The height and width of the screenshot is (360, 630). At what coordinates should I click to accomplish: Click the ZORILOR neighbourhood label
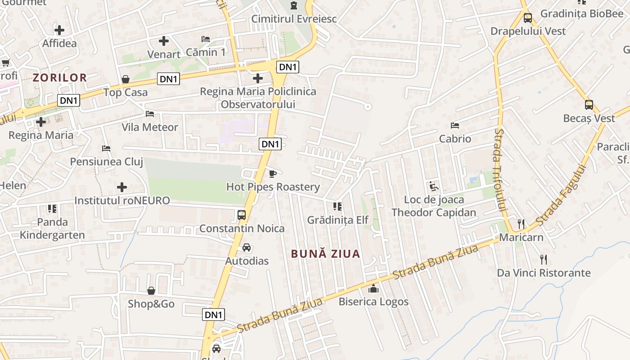click(x=60, y=77)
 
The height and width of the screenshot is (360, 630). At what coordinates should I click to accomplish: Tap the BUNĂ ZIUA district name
click(x=325, y=254)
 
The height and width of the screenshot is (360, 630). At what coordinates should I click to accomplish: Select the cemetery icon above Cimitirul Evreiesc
click(x=294, y=5)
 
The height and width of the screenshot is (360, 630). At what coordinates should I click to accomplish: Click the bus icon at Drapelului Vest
click(x=528, y=18)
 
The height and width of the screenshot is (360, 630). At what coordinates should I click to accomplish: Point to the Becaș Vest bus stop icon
click(x=589, y=105)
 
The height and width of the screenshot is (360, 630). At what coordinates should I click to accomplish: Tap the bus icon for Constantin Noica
click(x=242, y=215)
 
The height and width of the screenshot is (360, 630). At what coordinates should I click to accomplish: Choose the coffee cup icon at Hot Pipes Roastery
click(x=272, y=174)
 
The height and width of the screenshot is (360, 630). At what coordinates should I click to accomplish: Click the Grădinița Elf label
click(x=337, y=220)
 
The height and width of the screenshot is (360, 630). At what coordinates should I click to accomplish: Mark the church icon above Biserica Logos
click(x=373, y=288)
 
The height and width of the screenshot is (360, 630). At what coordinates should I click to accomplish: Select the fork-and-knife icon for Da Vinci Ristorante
click(x=544, y=259)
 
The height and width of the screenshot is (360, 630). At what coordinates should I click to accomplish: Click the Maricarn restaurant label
click(x=521, y=237)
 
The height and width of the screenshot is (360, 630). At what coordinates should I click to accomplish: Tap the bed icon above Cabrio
click(x=455, y=125)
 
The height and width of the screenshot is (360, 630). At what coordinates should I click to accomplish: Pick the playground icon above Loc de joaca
click(x=433, y=186)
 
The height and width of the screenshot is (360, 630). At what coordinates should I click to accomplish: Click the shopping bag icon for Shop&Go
click(x=151, y=291)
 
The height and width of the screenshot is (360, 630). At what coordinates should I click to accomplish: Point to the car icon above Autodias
click(x=247, y=247)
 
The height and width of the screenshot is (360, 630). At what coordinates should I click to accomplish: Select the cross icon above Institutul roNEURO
click(x=122, y=187)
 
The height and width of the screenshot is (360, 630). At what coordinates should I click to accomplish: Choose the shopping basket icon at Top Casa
click(x=126, y=79)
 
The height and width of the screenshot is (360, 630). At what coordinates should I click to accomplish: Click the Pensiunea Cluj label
click(x=106, y=162)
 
